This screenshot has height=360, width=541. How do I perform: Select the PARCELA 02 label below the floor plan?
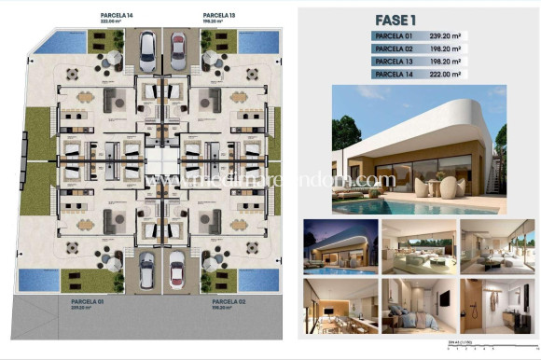229,303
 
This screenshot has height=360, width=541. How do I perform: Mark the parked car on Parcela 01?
147,270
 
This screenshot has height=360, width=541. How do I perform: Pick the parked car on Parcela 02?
177,270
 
